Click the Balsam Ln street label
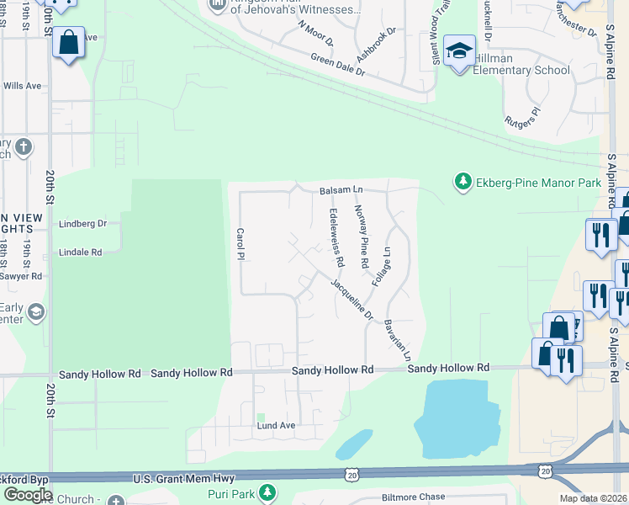(341, 191)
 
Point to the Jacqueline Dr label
(351, 300)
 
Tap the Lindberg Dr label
(83, 224)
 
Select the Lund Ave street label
(276, 426)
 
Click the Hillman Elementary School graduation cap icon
(460, 50)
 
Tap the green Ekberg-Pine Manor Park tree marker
(462, 181)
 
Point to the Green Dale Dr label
(338, 65)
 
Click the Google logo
(28, 494)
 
